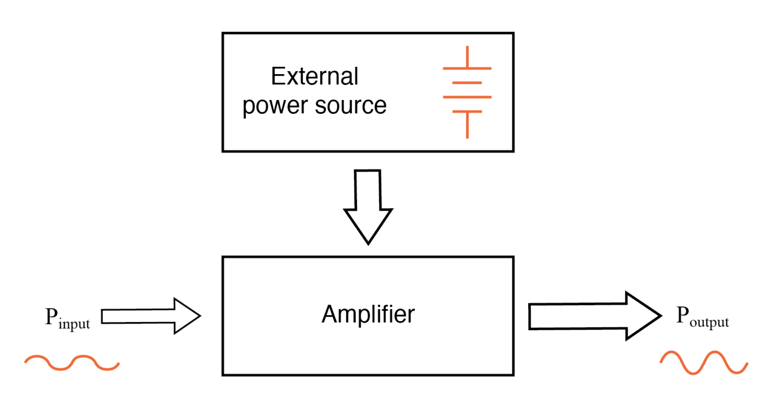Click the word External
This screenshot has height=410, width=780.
(x=314, y=77)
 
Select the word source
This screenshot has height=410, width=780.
(x=350, y=105)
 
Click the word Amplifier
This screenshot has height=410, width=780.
(x=368, y=314)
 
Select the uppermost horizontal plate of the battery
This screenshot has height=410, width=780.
(x=467, y=68)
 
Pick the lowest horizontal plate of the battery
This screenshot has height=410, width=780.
(x=467, y=111)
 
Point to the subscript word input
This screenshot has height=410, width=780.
(x=74, y=324)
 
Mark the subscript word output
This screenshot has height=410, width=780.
(x=709, y=322)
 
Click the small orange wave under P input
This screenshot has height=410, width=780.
(x=72, y=362)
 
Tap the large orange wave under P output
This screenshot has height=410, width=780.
(x=704, y=363)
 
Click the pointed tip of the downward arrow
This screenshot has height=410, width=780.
(x=368, y=243)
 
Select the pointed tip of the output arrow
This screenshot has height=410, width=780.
(x=660, y=316)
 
